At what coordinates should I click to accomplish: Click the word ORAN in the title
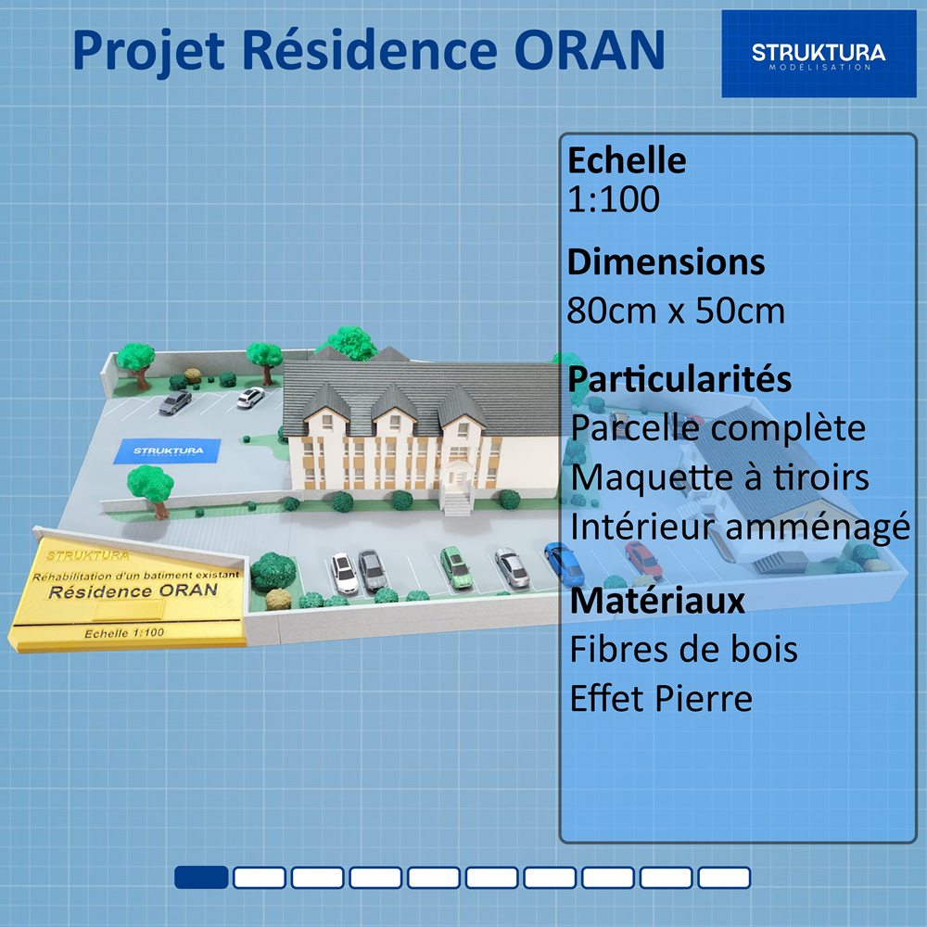coord(590,50)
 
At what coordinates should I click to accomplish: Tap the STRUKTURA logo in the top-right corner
coord(819,54)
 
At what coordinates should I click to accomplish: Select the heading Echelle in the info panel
coord(627,160)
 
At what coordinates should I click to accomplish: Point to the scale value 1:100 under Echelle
coord(613,199)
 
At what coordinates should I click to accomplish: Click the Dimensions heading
coord(666,262)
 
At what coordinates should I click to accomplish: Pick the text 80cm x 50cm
coord(676,311)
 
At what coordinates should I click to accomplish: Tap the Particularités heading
coord(679,379)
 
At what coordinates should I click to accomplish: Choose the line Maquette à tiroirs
coord(719,477)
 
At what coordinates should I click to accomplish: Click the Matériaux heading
coord(657,601)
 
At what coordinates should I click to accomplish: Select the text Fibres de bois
coord(683,649)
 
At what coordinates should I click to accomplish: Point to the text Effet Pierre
coord(661,698)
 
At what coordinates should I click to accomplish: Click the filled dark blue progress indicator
coord(201,877)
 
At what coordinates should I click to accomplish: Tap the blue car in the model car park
coord(564,563)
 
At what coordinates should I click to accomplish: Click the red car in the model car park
coord(643,559)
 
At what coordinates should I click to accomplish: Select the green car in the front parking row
coord(455,567)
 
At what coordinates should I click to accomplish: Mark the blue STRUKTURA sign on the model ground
coord(168,451)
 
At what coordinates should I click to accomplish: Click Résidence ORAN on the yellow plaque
coord(133,591)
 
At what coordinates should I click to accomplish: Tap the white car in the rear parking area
coord(250,398)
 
